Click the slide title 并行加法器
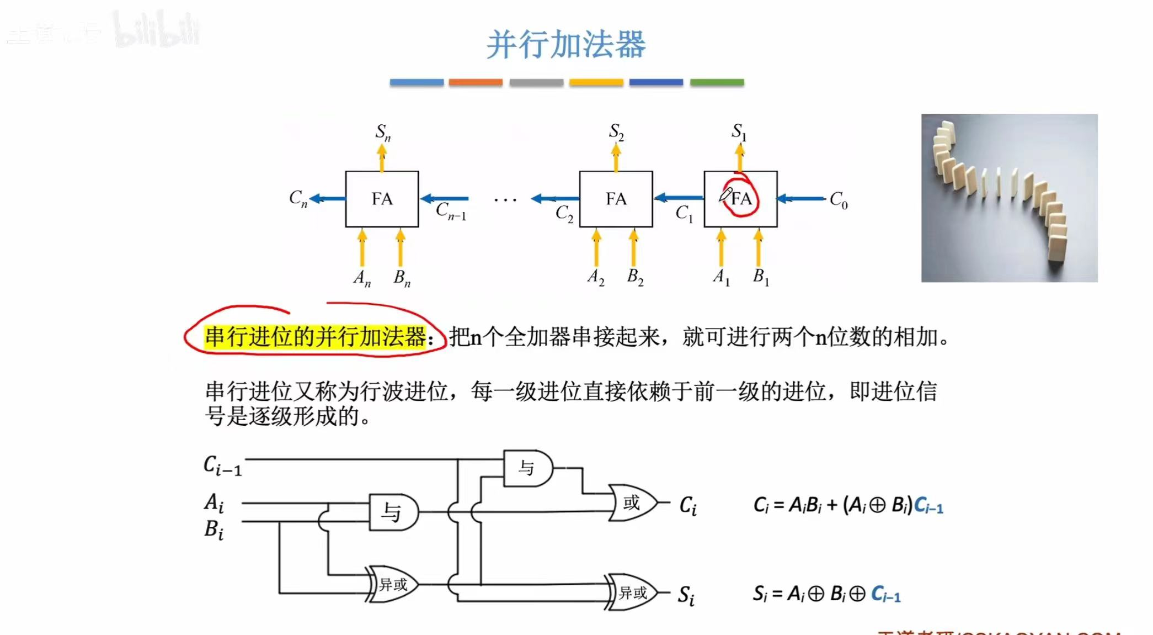[x=566, y=44]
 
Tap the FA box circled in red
[x=740, y=199]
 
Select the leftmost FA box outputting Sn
[x=382, y=199]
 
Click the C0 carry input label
[x=838, y=200]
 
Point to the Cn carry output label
[x=298, y=198]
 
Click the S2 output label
[x=616, y=132]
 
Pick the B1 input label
[x=761, y=277]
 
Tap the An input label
[x=362, y=278]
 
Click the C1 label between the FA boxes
[x=684, y=213]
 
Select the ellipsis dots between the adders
[x=505, y=200]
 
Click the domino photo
[x=1009, y=198]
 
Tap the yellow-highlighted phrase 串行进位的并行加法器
[x=315, y=337]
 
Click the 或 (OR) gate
[x=632, y=502]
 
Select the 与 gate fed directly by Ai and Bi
[x=393, y=512]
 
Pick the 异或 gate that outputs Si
[x=632, y=592]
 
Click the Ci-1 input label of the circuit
[x=222, y=465]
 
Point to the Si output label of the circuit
[x=686, y=595]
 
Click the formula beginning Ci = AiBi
[x=848, y=505]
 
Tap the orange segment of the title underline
[x=476, y=82]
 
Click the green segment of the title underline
[x=717, y=82]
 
